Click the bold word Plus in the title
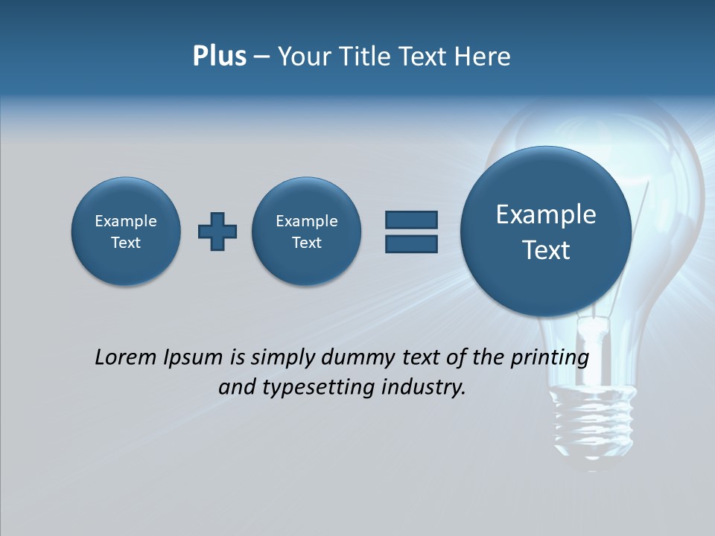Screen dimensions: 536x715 tap(219, 57)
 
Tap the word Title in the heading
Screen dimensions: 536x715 tap(365, 57)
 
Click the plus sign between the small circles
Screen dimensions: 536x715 tap(217, 232)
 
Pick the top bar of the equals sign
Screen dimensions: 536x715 tap(411, 220)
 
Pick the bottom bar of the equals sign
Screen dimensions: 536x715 tap(411, 243)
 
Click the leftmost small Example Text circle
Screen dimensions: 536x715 tap(126, 231)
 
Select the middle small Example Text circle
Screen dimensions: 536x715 tap(307, 231)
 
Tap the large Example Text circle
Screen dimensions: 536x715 tap(546, 231)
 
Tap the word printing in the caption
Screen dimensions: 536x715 tap(550, 358)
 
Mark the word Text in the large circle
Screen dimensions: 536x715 tap(546, 250)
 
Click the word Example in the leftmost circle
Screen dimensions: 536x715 tap(126, 221)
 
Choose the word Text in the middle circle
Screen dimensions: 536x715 tap(307, 243)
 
